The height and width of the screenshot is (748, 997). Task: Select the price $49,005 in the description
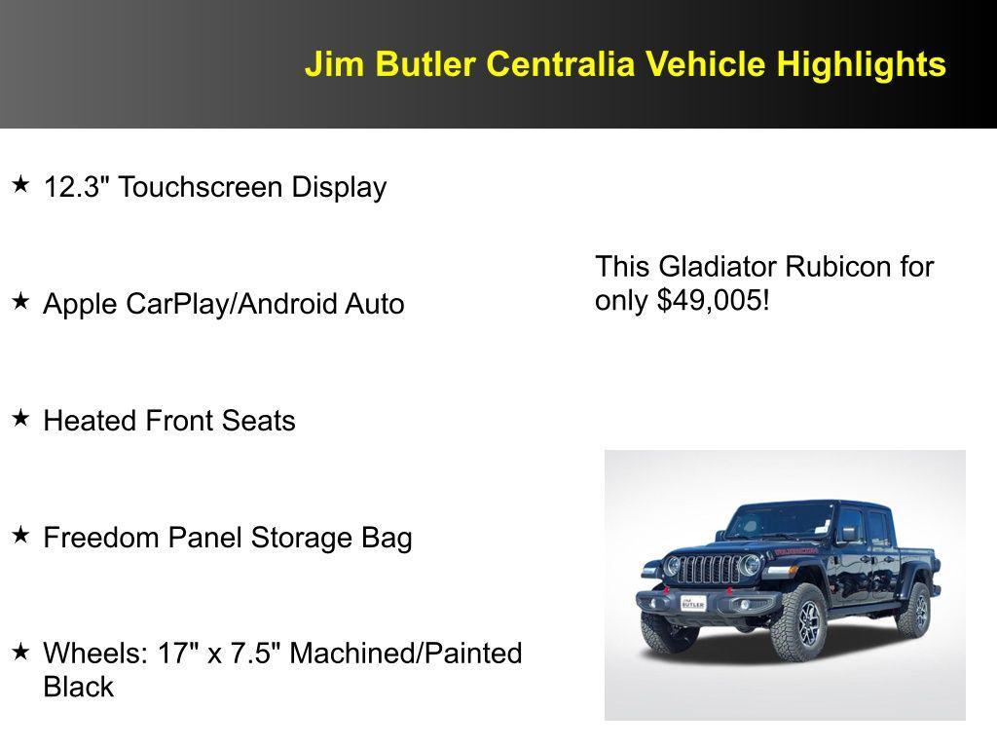click(710, 301)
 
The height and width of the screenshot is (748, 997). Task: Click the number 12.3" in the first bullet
click(77, 187)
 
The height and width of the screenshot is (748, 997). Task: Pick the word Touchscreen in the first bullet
click(187, 187)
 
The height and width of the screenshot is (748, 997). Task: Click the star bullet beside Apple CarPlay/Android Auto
click(20, 301)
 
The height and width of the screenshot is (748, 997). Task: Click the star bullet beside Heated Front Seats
click(20, 418)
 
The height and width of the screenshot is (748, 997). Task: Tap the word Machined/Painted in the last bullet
click(406, 653)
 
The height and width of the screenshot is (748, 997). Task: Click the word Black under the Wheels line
click(79, 687)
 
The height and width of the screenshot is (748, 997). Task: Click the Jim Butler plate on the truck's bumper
click(694, 602)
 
